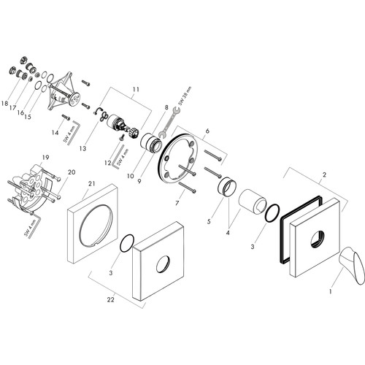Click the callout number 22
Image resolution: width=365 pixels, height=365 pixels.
[111, 300]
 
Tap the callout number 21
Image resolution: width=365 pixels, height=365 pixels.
[92, 183]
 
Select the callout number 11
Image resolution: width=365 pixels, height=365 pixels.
[136, 90]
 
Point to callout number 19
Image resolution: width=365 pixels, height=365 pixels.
[45, 158]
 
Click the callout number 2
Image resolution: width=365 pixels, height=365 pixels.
[324, 174]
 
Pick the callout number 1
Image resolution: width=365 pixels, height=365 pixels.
[331, 291]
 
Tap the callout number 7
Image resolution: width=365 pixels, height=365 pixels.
[177, 202]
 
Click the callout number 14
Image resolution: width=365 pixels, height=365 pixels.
[55, 133]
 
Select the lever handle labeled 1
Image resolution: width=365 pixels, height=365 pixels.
[352, 265]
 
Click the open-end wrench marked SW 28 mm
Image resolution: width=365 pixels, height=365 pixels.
[169, 122]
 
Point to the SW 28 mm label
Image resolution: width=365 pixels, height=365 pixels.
[185, 96]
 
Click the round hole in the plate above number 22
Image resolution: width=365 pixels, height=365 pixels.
[163, 264]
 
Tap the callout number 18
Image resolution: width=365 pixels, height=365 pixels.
[4, 104]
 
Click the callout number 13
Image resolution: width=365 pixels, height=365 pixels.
[82, 148]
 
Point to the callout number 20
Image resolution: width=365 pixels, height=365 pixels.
[72, 172]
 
